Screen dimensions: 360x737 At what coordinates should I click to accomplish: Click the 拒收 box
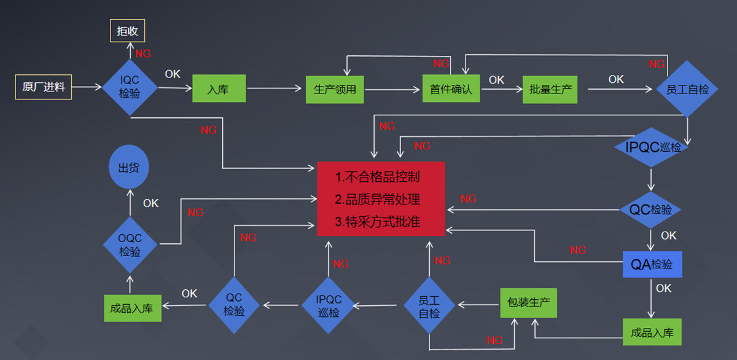point(127,31)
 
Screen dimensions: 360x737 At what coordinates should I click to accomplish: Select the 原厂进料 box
point(43,87)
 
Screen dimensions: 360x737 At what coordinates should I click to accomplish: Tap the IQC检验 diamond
point(130,88)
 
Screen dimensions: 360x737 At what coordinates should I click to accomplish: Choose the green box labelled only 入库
point(219,89)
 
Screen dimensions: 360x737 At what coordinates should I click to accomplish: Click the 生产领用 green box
point(335,89)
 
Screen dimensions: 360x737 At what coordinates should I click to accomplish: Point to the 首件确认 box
point(451,89)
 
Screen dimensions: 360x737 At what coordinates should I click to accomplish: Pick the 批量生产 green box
point(550,89)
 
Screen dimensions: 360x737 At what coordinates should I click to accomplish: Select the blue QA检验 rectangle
point(652,264)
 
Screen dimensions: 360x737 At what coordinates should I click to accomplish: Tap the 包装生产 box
point(528,303)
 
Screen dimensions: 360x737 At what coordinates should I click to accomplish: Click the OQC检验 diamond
point(130,245)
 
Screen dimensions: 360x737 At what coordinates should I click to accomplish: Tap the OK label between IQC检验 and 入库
point(173,74)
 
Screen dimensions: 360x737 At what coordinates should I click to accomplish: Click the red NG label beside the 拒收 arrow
point(143,53)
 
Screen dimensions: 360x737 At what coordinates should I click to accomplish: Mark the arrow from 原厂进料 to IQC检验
point(87,87)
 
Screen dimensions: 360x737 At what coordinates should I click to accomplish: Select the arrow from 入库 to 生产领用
point(276,89)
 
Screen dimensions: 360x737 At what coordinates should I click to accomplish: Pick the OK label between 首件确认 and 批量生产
point(496,80)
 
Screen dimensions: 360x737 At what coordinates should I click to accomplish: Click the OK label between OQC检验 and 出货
point(150,203)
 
